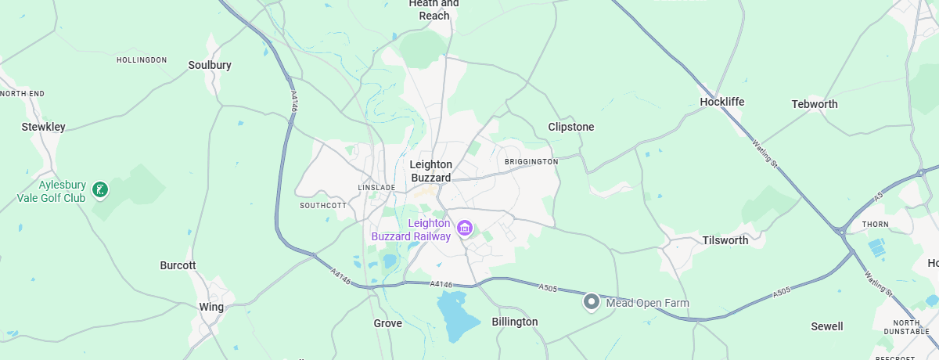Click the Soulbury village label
[210, 65]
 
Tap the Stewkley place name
[43, 126]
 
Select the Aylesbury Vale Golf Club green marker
[100, 189]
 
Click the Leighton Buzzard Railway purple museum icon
[465, 228]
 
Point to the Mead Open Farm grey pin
[592, 301]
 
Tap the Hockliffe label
[721, 102]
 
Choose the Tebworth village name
[814, 104]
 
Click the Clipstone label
[571, 127]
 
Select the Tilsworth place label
[725, 240]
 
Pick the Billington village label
[514, 322]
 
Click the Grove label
[387, 323]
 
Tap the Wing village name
[211, 307]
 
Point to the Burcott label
[178, 265]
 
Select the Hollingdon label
[142, 60]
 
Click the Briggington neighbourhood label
[531, 161]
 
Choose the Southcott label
[322, 206]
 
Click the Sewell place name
[826, 326]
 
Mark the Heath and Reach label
[434, 9]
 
